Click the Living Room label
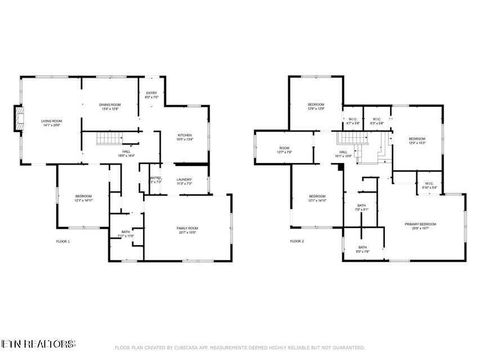tap(51, 123)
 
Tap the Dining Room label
tap(109, 107)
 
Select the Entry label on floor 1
tap(151, 96)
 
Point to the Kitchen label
tap(184, 138)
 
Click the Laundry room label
tap(184, 182)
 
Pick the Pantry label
tap(155, 180)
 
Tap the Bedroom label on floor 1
tap(84, 198)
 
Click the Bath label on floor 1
tap(125, 235)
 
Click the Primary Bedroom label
tap(420, 226)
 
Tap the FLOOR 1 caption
tap(63, 241)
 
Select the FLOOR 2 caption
tap(296, 241)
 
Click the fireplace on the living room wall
tap(16, 122)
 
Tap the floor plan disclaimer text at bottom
tap(240, 347)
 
